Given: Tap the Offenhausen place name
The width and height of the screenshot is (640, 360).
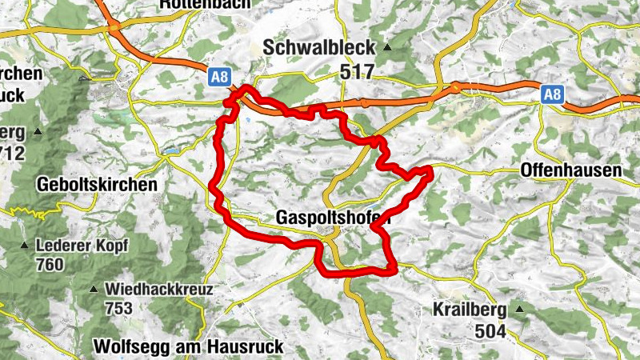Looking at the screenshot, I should [570, 170].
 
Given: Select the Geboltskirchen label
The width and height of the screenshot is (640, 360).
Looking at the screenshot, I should [97, 184].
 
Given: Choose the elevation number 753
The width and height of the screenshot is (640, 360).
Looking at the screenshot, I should [119, 308].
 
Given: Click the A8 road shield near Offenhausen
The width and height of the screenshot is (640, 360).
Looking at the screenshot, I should [552, 94].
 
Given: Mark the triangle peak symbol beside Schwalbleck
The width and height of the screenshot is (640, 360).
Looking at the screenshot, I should [387, 48].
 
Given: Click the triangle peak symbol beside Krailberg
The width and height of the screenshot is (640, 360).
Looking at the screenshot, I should [519, 310].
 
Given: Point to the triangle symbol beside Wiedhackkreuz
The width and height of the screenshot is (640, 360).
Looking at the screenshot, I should [94, 290].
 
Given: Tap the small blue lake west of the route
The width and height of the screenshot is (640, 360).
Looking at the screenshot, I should [170, 150].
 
